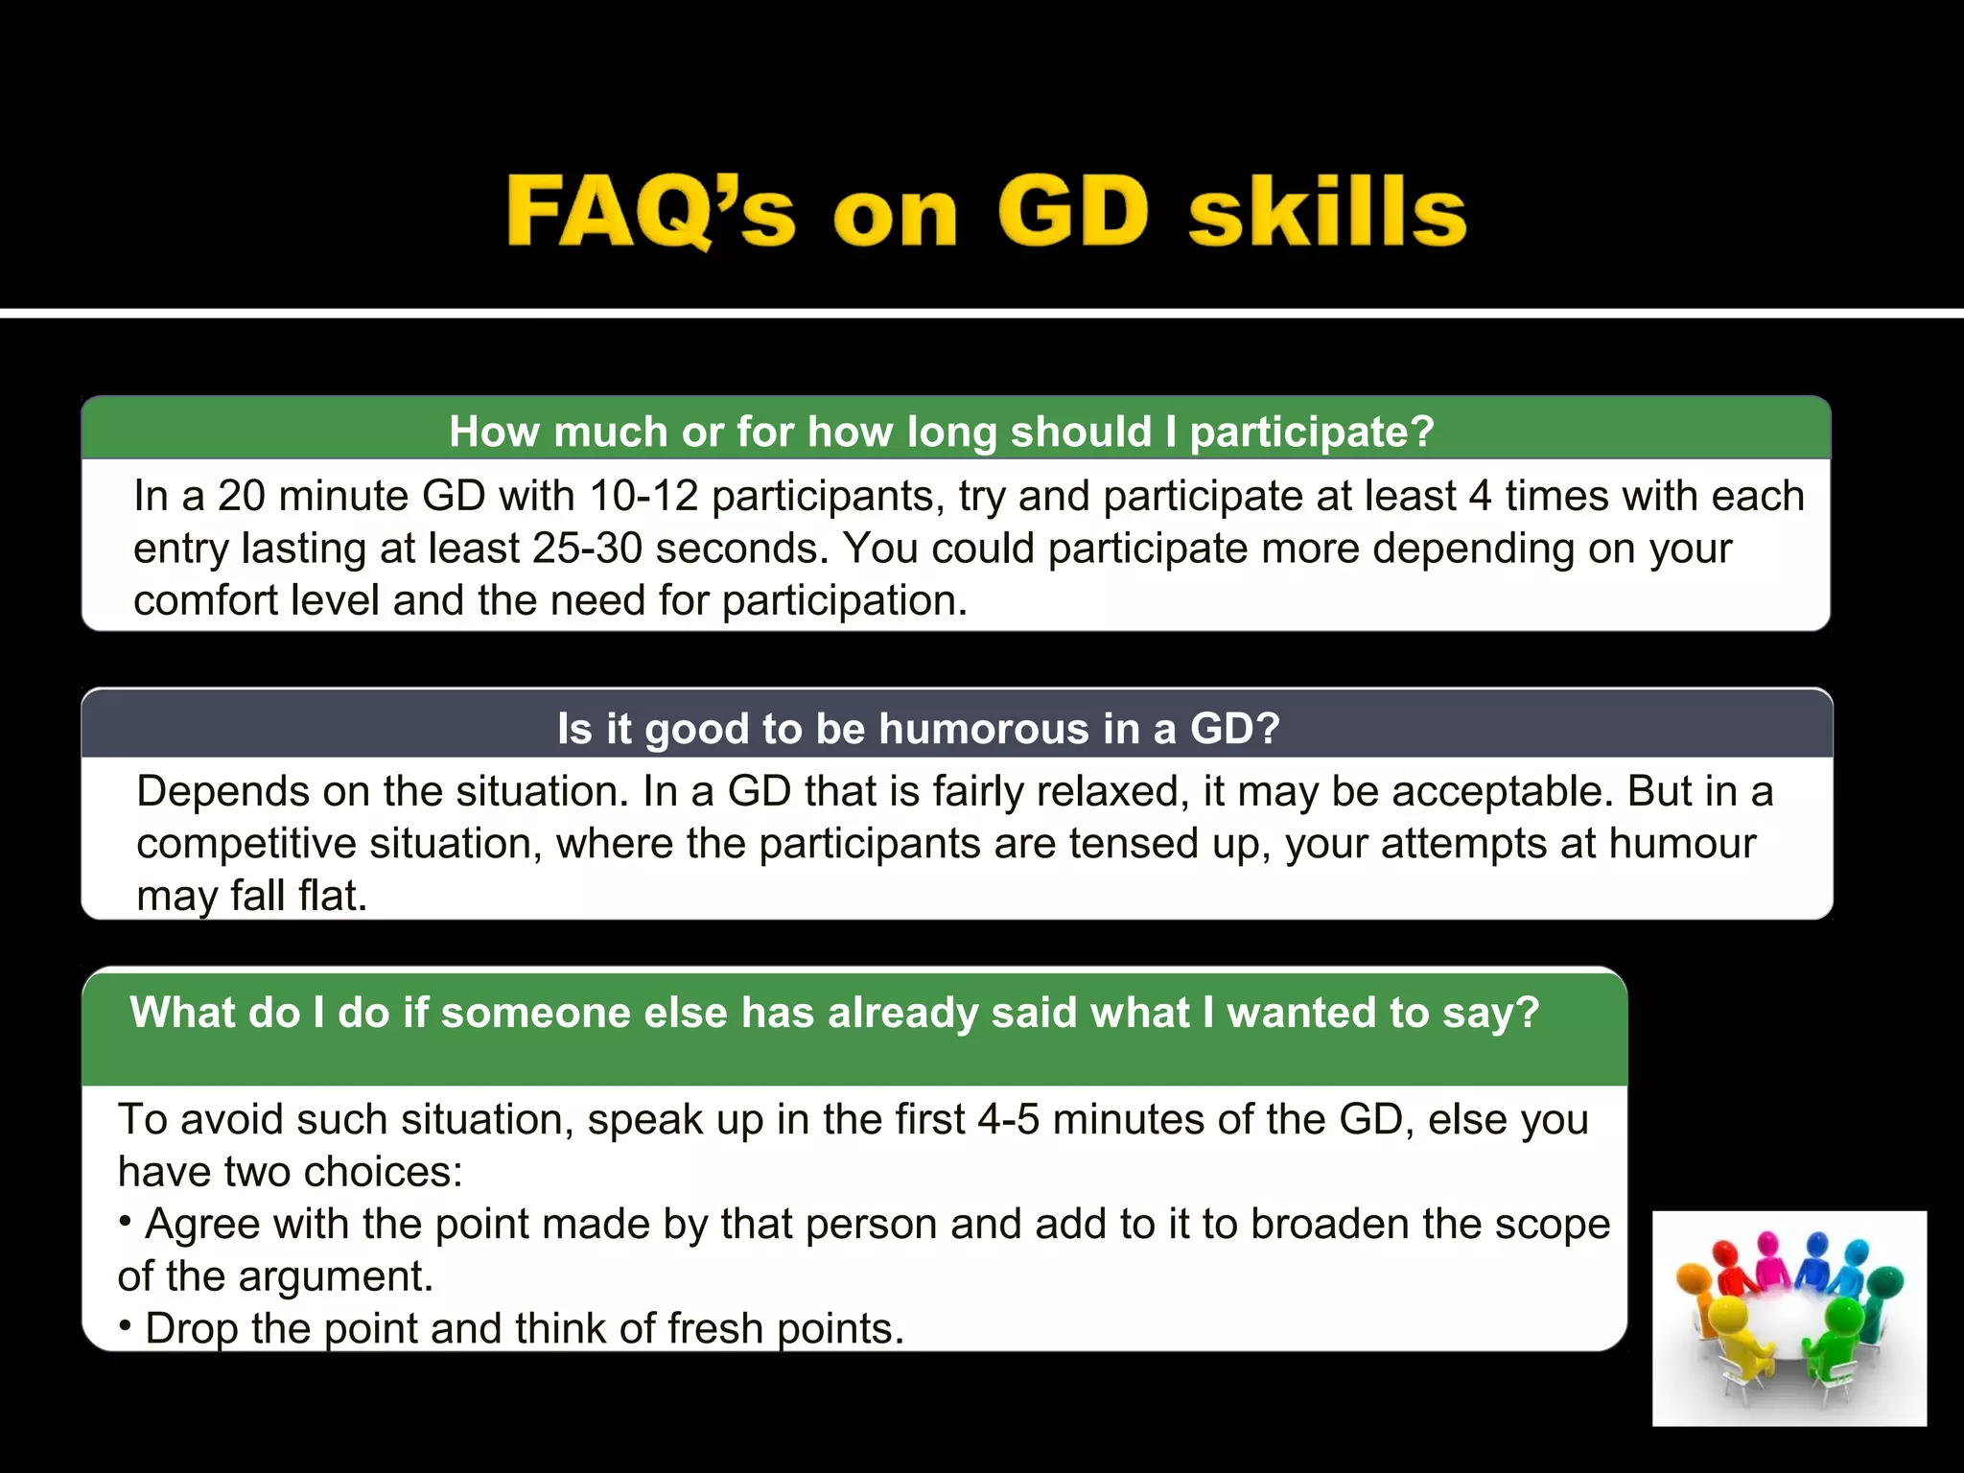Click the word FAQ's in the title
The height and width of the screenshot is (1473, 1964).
pyautogui.click(x=651, y=212)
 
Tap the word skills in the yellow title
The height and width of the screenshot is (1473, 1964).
pyautogui.click(x=1327, y=212)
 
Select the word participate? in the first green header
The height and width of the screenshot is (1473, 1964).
pyautogui.click(x=1311, y=432)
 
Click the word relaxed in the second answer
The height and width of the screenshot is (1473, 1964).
pyautogui.click(x=1109, y=792)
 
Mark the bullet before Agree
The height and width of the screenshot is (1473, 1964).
pyautogui.click(x=126, y=1222)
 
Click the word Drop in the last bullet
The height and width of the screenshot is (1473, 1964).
pyautogui.click(x=190, y=1329)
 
